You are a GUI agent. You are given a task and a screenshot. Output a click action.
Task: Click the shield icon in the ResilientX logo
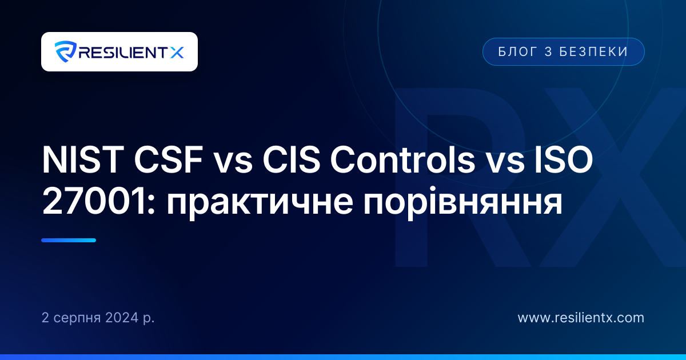66,51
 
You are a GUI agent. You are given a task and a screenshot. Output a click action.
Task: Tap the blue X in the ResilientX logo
177,53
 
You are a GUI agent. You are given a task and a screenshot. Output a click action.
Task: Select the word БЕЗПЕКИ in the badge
594,52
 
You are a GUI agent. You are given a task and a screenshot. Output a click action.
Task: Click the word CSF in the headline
169,160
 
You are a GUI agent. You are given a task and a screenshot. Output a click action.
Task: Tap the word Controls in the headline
402,159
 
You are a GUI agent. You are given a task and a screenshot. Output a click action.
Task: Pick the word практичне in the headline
260,205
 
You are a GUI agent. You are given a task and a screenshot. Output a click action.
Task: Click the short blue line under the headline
69,241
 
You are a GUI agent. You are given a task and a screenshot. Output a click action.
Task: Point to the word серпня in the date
77,319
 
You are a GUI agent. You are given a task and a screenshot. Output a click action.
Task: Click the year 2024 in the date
122,318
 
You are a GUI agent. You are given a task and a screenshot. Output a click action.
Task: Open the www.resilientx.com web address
581,318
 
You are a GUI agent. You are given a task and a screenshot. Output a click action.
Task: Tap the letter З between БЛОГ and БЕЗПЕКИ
548,52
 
